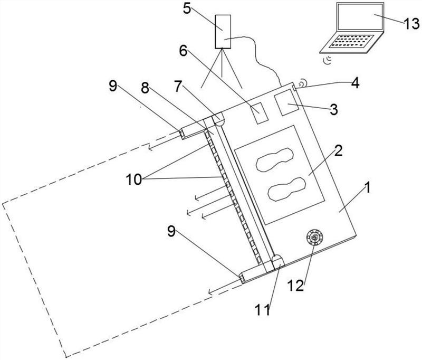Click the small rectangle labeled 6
tap(258, 113)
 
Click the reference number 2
tap(338, 151)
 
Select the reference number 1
tap(367, 187)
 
